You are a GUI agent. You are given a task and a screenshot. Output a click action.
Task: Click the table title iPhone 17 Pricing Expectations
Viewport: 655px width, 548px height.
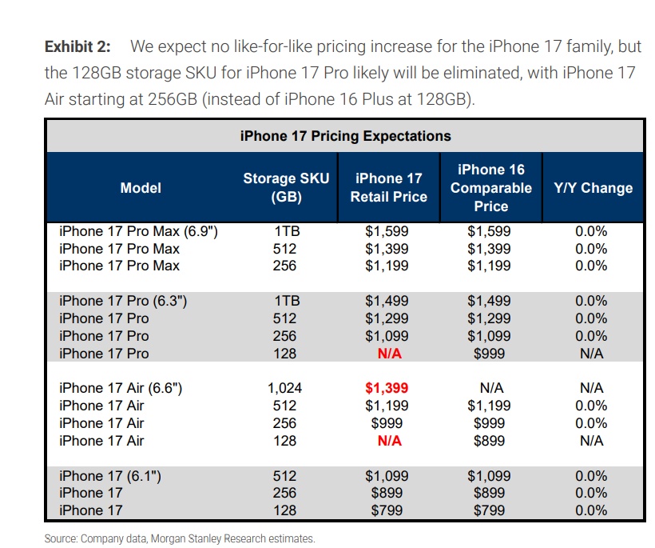pos(345,136)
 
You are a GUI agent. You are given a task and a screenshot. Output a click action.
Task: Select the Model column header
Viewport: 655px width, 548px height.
pos(141,188)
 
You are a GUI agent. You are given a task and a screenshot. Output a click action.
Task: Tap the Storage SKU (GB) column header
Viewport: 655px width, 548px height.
pos(285,188)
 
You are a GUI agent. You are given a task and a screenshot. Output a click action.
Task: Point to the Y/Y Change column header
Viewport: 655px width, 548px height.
pos(593,188)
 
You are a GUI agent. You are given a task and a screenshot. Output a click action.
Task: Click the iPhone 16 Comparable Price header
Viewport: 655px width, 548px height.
pos(490,188)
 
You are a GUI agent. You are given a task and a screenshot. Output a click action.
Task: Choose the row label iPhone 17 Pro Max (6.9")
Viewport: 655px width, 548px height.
pos(139,231)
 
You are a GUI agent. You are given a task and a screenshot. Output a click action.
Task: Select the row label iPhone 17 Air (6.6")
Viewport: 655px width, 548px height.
pos(121,388)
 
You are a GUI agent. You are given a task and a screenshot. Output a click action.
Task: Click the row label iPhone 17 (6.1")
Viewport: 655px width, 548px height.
pos(111,476)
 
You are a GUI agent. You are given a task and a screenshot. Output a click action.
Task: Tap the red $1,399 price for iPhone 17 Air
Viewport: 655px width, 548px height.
pos(387,388)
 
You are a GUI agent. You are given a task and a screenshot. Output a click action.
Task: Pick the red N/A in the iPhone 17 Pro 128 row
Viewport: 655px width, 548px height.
pos(388,354)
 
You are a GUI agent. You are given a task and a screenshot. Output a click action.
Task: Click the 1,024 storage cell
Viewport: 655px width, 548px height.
pos(284,388)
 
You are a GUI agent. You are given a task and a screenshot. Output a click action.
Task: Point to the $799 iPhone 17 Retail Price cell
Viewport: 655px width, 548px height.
pos(387,510)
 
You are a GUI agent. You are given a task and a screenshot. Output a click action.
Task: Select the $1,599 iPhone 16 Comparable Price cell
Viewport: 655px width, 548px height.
pos(489,231)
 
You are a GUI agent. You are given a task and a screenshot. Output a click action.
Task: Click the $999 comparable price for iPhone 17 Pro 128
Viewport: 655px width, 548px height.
pos(489,354)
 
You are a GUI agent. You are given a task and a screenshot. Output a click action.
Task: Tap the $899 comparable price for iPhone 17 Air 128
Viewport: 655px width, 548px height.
pos(489,441)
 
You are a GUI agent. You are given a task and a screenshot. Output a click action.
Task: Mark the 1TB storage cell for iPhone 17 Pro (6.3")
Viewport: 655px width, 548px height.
pos(285,301)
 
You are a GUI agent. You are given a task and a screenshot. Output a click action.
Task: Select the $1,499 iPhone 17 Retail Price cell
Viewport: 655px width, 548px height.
pos(387,301)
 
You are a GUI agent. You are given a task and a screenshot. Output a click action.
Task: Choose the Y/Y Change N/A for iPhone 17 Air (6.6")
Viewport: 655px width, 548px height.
pos(592,388)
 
